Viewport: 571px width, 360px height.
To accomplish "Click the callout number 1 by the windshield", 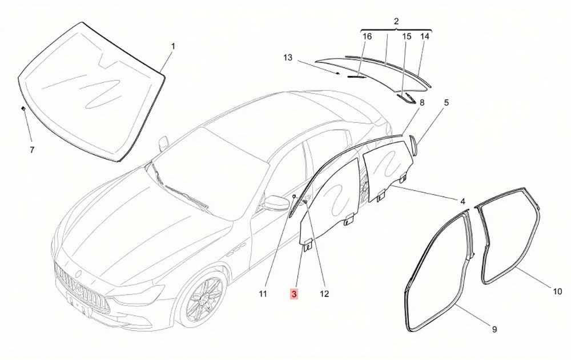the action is point(174,46).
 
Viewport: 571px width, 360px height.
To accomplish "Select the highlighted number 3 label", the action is point(294,294).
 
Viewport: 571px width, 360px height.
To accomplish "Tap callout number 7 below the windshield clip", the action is point(32,150).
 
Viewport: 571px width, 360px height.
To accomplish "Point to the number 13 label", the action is point(288,58).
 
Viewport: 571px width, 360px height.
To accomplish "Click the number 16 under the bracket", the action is point(367,37).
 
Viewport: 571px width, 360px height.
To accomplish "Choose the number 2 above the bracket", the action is point(396,21).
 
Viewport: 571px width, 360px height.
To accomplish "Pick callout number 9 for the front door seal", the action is point(494,329).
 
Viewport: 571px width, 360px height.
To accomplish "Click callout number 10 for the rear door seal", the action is point(557,291).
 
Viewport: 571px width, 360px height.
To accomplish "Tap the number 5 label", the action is point(446,103).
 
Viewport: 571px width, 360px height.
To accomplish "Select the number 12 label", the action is point(324,294).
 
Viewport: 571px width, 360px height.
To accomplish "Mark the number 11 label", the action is point(263,294).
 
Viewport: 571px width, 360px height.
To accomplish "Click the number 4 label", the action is point(463,201).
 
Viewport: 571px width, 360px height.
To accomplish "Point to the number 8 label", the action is point(422,103).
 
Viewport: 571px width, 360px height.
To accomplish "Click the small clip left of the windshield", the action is point(23,108).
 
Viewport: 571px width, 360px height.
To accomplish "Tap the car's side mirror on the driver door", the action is point(276,203).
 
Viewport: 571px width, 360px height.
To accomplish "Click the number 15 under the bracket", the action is point(407,37).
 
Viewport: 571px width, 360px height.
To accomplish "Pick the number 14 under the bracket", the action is point(425,37).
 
